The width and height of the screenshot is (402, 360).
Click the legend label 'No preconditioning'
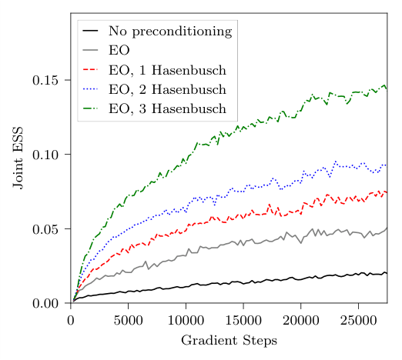[169, 32]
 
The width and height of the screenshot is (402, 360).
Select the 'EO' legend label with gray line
[119, 51]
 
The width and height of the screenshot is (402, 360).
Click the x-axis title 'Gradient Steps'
[229, 340]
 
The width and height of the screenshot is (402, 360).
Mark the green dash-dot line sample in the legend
[92, 108]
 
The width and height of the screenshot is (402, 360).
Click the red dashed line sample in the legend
[92, 70]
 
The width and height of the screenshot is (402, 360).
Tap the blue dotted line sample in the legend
[92, 89]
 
